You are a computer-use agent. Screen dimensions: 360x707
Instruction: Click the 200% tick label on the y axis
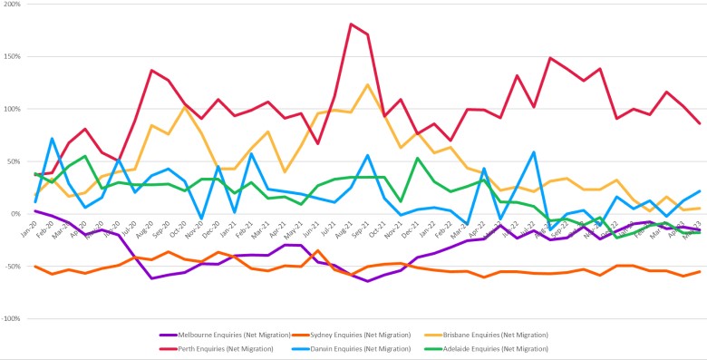[12, 5]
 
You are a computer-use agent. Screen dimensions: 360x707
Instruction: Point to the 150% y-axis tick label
[12, 57]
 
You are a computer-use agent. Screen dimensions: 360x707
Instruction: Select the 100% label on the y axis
[12, 110]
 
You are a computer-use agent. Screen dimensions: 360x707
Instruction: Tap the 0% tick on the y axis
[16, 214]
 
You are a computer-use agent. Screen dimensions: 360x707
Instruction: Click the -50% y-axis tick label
[12, 267]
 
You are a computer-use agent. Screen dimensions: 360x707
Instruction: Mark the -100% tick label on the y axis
[11, 319]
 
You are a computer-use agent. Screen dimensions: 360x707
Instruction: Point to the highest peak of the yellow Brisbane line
[367, 84]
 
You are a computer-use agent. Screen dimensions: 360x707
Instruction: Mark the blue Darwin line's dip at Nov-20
[201, 219]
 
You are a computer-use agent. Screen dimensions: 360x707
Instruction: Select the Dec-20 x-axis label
[215, 229]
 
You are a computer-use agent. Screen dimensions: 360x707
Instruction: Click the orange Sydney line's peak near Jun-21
[317, 250]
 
